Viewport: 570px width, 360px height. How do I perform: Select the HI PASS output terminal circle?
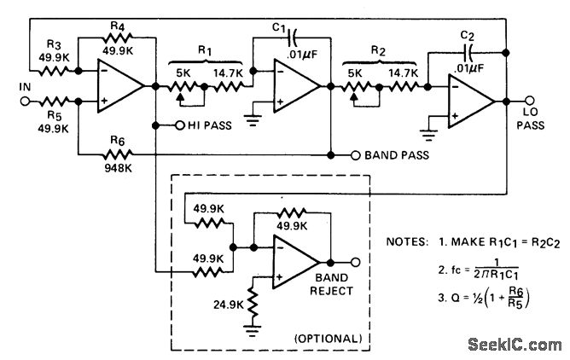pyautogui.click(x=178, y=125)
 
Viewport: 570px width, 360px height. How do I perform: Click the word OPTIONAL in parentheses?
pyautogui.click(x=329, y=339)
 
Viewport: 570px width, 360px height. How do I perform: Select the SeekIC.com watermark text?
pyautogui.click(x=511, y=344)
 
